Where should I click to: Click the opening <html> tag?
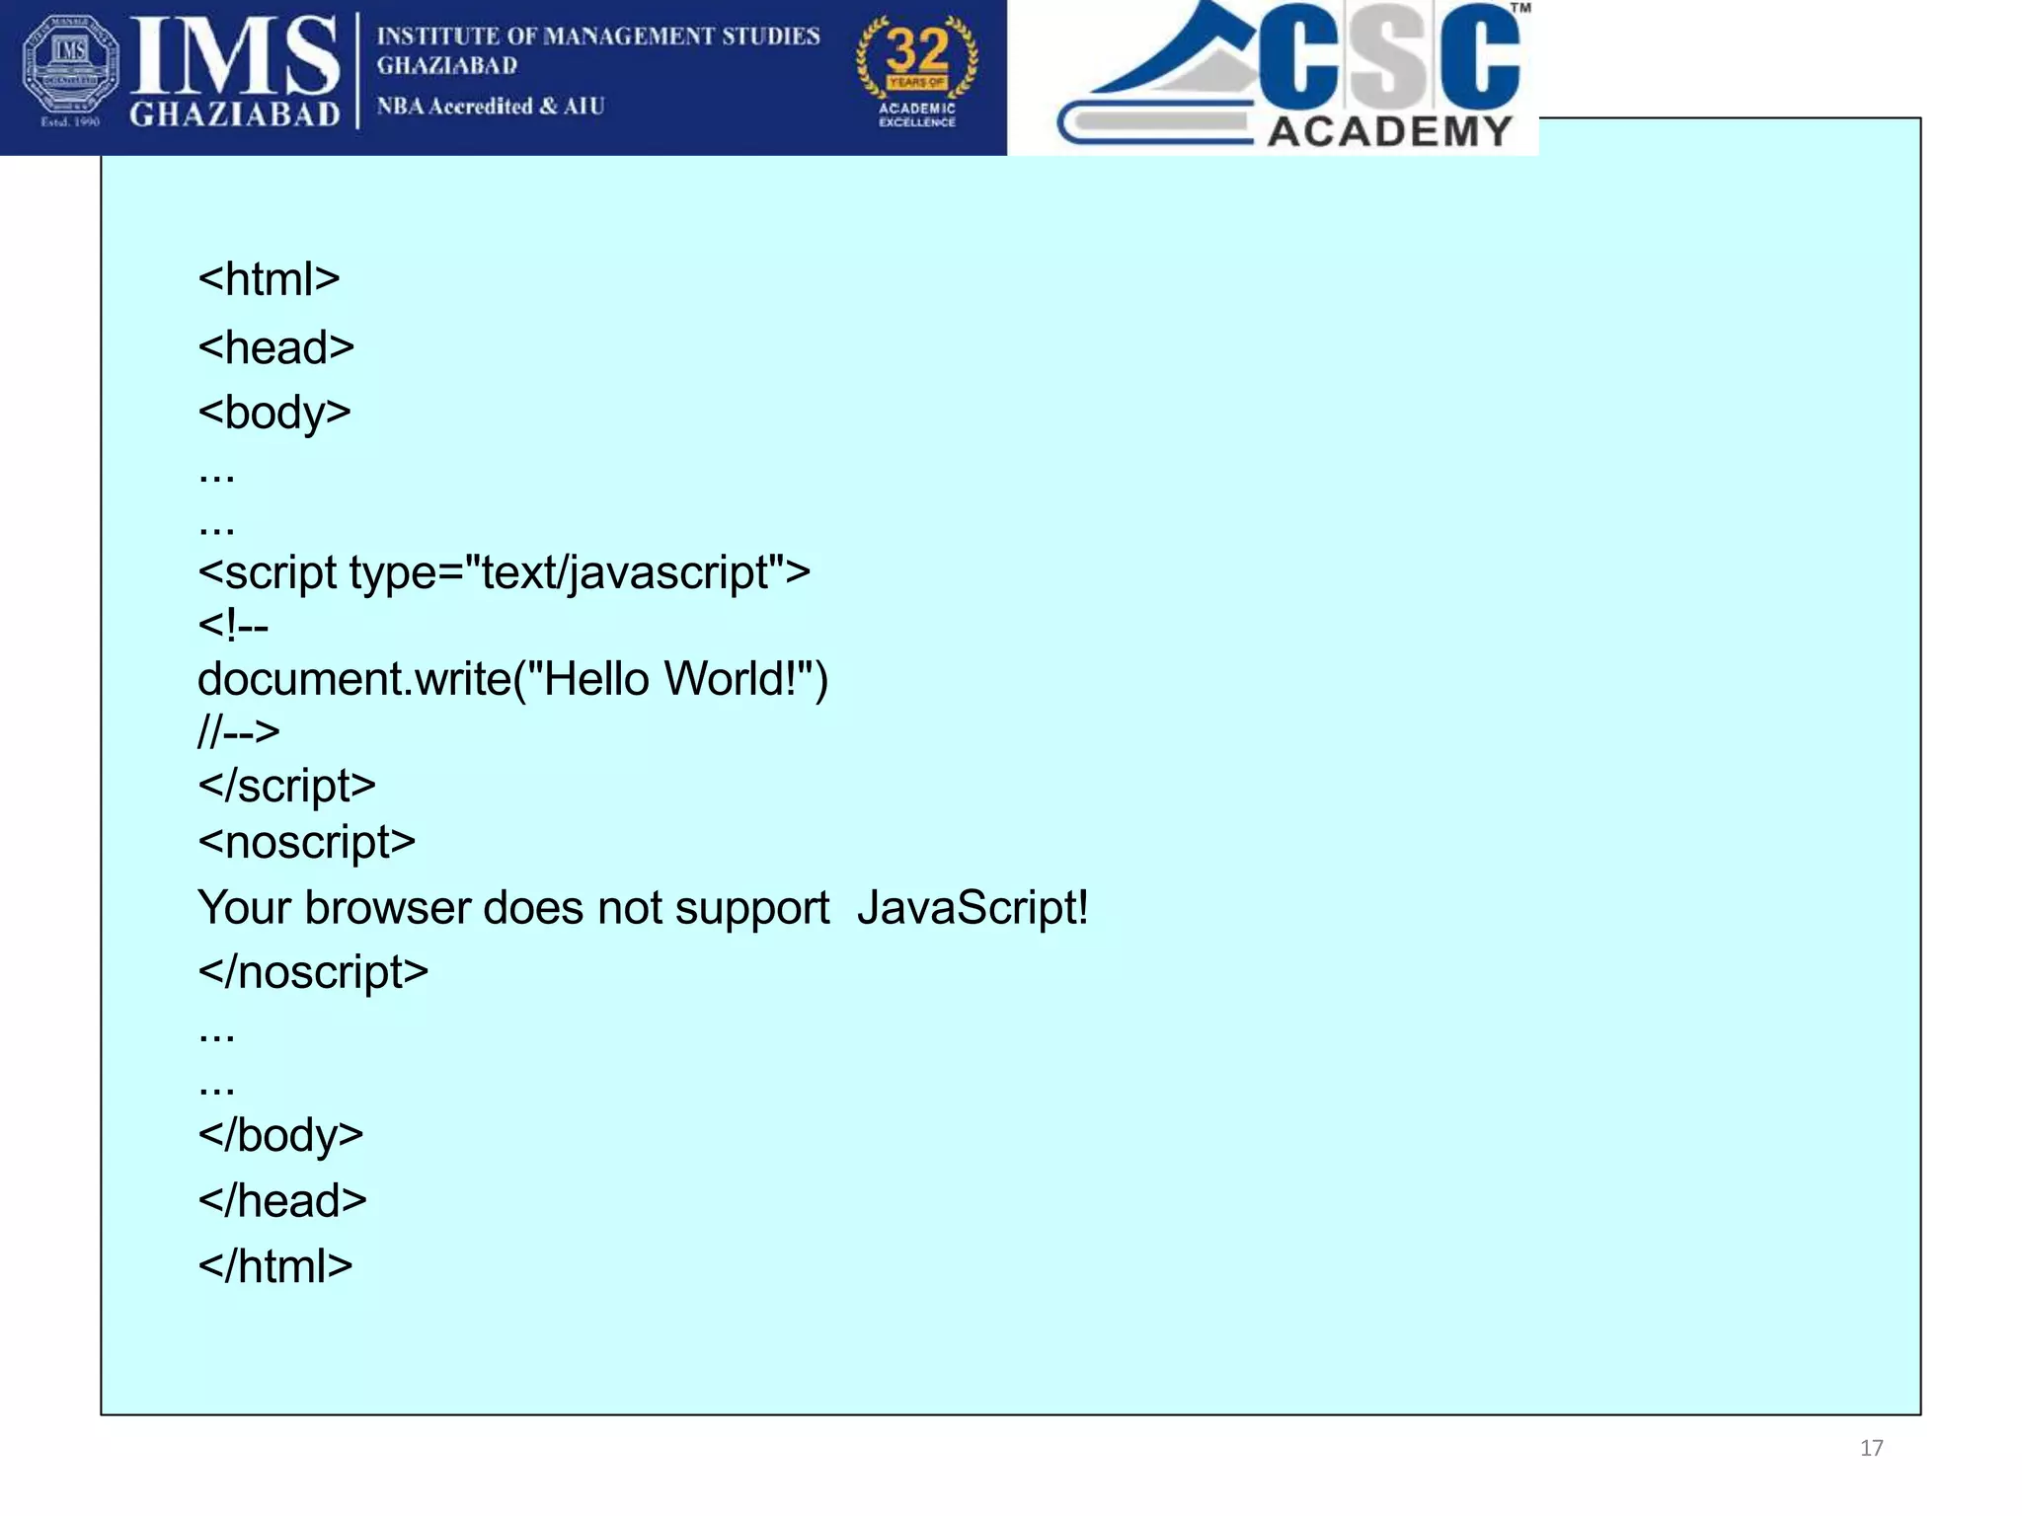(269, 280)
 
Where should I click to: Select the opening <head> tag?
(275, 348)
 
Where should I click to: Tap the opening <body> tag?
(273, 413)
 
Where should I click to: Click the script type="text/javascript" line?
(504, 573)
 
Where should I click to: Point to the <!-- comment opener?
(233, 626)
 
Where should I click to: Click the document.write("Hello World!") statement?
(512, 680)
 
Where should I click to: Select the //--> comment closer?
(238, 732)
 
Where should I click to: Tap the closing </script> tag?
(286, 787)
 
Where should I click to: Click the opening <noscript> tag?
(306, 843)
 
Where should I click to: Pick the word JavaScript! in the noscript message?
(972, 908)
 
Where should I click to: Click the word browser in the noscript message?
(387, 908)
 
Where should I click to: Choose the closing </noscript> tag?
(313, 973)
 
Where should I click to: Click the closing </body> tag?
(280, 1136)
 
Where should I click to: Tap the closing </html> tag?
(274, 1267)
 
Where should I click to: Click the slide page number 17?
(1871, 1448)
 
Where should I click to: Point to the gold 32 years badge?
(917, 71)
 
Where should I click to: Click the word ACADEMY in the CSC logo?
(1389, 131)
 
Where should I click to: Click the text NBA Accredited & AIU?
(490, 107)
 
